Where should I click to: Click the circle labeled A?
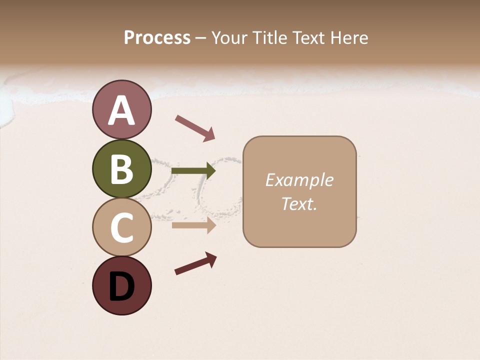[121, 110]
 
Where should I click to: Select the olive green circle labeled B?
[121, 169]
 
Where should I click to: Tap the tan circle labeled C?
[121, 227]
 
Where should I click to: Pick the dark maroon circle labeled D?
[121, 285]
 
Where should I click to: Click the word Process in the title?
[157, 38]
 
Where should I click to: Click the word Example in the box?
[299, 180]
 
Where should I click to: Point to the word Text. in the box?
[299, 203]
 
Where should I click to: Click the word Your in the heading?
[228, 38]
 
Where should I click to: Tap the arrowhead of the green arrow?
[210, 171]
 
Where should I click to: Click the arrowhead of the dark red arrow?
[211, 257]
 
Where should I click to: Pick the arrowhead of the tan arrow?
[210, 225]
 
